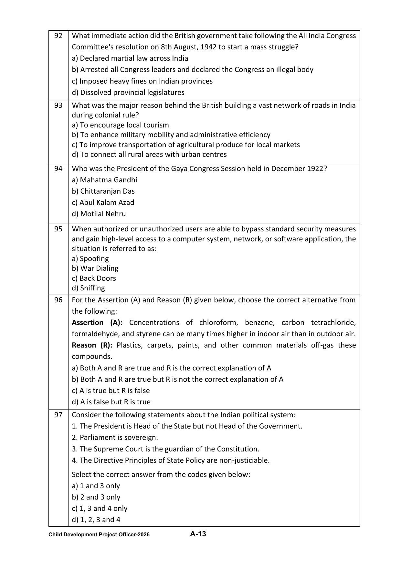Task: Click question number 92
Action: (58, 36)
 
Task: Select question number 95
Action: (58, 229)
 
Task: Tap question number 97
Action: (58, 415)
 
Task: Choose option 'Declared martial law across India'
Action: (130, 58)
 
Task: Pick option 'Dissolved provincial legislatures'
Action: (128, 93)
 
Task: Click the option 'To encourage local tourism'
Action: (120, 125)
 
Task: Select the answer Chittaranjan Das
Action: (103, 191)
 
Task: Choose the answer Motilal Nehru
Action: (99, 214)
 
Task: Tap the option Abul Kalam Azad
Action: (103, 203)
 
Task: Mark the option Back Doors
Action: (94, 278)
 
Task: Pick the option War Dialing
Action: (95, 268)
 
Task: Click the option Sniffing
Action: (88, 288)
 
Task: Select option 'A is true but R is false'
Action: (111, 391)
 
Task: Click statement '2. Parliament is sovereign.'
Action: (115, 438)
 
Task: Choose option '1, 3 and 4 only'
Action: (100, 509)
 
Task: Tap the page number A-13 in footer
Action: (198, 534)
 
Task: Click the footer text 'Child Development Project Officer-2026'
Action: (99, 535)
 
